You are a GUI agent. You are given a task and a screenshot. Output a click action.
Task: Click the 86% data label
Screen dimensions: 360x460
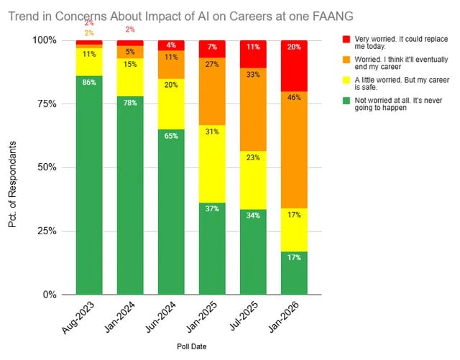[89, 83]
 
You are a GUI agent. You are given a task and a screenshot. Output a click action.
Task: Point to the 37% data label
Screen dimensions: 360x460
[212, 209]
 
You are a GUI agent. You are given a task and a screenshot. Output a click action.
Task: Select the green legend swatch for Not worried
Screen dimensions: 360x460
[346, 103]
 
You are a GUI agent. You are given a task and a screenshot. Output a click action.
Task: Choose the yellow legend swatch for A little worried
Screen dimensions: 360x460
[346, 83]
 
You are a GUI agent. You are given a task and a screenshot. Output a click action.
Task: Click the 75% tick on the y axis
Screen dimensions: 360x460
[52, 103]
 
